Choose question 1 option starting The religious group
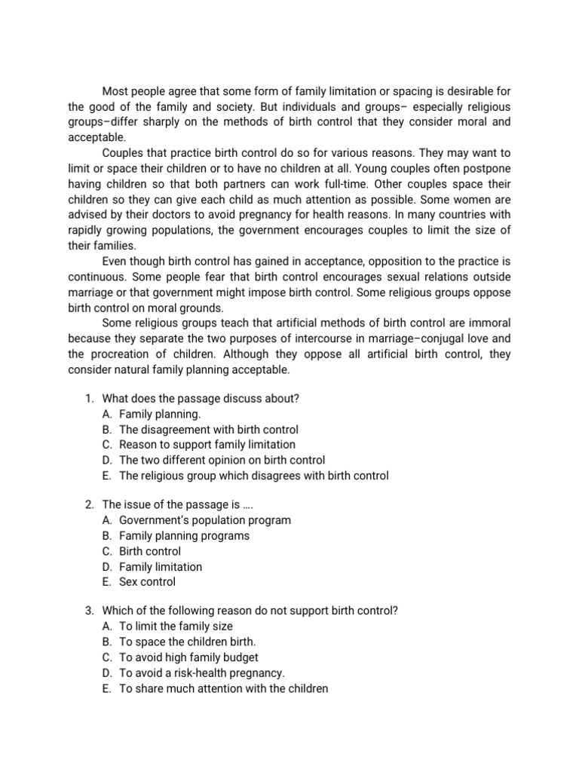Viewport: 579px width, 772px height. [253, 475]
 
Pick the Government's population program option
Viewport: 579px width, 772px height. [204, 520]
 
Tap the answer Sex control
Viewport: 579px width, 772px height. [147, 581]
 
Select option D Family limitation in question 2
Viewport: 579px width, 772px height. [160, 566]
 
